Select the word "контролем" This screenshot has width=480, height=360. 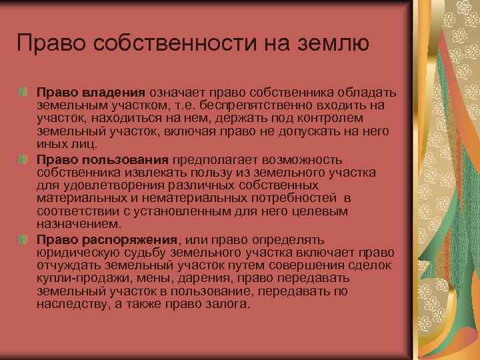(x=358, y=119)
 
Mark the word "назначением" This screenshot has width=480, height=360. (x=70, y=224)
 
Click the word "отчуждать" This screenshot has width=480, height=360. (x=67, y=265)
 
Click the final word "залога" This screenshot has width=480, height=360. (x=229, y=304)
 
